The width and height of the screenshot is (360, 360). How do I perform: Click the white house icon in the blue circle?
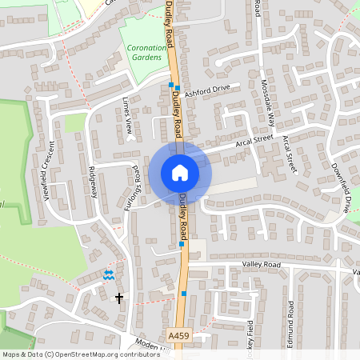(179, 172)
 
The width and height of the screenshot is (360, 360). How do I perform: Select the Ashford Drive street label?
(206, 91)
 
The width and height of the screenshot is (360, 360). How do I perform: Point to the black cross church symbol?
(120, 298)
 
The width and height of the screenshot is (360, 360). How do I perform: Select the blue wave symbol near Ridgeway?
(109, 274)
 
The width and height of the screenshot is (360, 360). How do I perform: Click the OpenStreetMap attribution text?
(80, 354)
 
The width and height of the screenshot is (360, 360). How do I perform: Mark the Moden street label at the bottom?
(147, 342)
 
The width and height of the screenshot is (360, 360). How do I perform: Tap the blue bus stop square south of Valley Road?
(185, 294)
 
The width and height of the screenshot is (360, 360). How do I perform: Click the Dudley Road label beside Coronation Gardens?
(170, 36)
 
